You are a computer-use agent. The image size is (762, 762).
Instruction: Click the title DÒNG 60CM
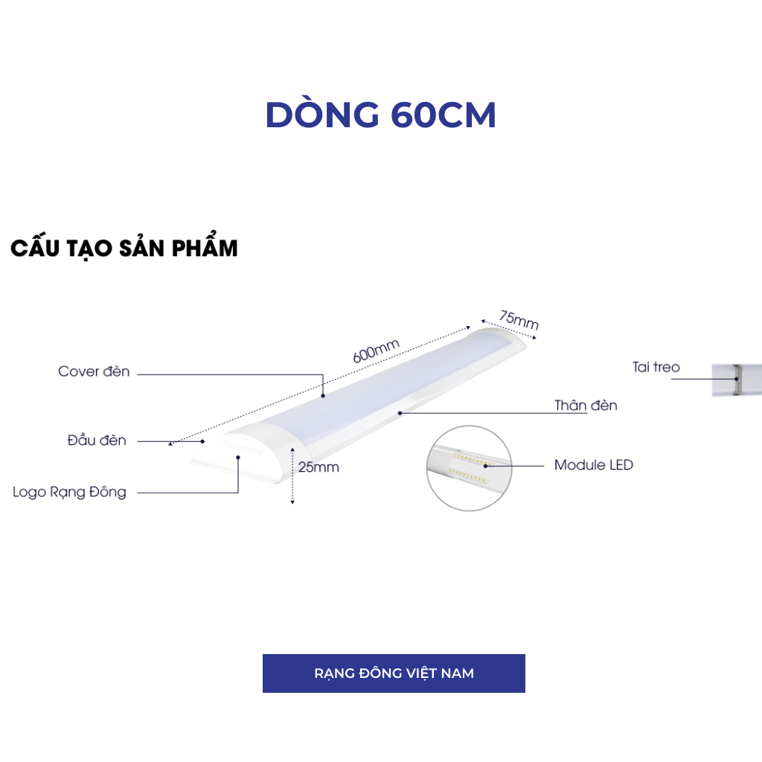(380, 115)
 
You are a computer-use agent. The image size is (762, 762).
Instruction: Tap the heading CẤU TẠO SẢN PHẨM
(124, 249)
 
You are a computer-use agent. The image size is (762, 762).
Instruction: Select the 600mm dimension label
(377, 350)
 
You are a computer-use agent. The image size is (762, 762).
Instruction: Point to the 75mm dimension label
(519, 319)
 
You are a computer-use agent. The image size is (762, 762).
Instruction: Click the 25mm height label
(318, 467)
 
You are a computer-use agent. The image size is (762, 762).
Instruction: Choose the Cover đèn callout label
(94, 371)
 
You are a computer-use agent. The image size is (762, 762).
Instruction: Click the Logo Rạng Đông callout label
(69, 492)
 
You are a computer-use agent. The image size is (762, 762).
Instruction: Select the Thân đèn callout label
(586, 406)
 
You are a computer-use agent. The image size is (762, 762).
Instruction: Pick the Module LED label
(593, 465)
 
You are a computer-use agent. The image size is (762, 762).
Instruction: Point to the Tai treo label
(656, 367)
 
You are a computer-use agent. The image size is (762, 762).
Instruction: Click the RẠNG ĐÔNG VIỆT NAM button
(394, 673)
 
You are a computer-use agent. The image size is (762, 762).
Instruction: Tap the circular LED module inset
(470, 468)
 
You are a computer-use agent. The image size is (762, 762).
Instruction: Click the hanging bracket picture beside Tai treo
(736, 380)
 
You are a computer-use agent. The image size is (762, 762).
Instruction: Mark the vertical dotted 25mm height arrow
(293, 476)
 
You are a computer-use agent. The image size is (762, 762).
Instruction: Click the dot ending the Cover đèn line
(323, 396)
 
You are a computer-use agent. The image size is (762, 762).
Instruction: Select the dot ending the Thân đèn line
(400, 412)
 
